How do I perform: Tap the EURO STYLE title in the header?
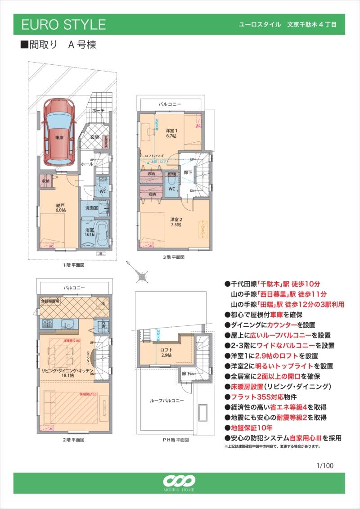point(63,25)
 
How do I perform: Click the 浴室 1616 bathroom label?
point(90,232)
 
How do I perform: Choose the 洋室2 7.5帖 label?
point(176,221)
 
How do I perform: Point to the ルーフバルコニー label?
point(166,400)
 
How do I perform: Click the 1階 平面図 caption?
point(73,266)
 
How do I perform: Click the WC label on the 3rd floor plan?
point(171,189)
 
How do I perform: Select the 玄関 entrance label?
point(94,137)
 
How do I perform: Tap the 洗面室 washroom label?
point(92,208)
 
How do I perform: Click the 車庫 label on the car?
point(59,138)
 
